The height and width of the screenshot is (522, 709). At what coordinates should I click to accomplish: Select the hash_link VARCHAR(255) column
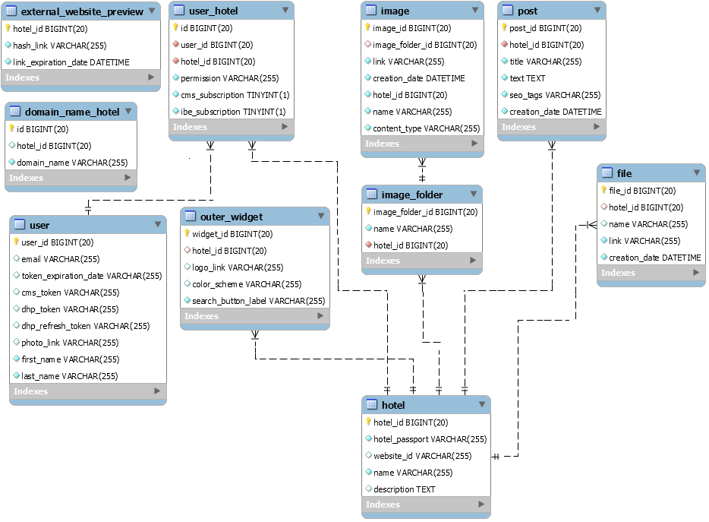point(59,46)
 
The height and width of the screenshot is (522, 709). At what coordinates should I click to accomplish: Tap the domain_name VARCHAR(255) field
point(72,163)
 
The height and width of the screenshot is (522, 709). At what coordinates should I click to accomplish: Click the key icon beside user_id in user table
point(16,242)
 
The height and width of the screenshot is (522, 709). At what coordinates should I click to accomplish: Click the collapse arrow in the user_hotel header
point(285,11)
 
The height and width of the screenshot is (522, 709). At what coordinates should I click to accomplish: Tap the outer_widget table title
point(232,217)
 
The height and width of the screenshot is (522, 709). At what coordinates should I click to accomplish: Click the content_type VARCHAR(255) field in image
point(426,128)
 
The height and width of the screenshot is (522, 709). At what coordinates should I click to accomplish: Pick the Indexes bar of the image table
point(421,144)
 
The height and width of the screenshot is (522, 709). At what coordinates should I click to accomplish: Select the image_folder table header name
point(412,195)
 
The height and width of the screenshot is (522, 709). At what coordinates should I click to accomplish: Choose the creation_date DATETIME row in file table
point(654,258)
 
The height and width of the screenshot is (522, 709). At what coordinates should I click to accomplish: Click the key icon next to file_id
point(603,191)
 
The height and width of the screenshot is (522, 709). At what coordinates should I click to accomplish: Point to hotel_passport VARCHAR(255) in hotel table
point(430,439)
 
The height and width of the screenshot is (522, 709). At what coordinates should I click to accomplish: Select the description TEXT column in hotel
point(404,489)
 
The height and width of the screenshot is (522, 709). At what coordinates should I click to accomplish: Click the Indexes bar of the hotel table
point(426,505)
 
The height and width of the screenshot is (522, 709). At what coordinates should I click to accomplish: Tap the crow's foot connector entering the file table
point(590,225)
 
